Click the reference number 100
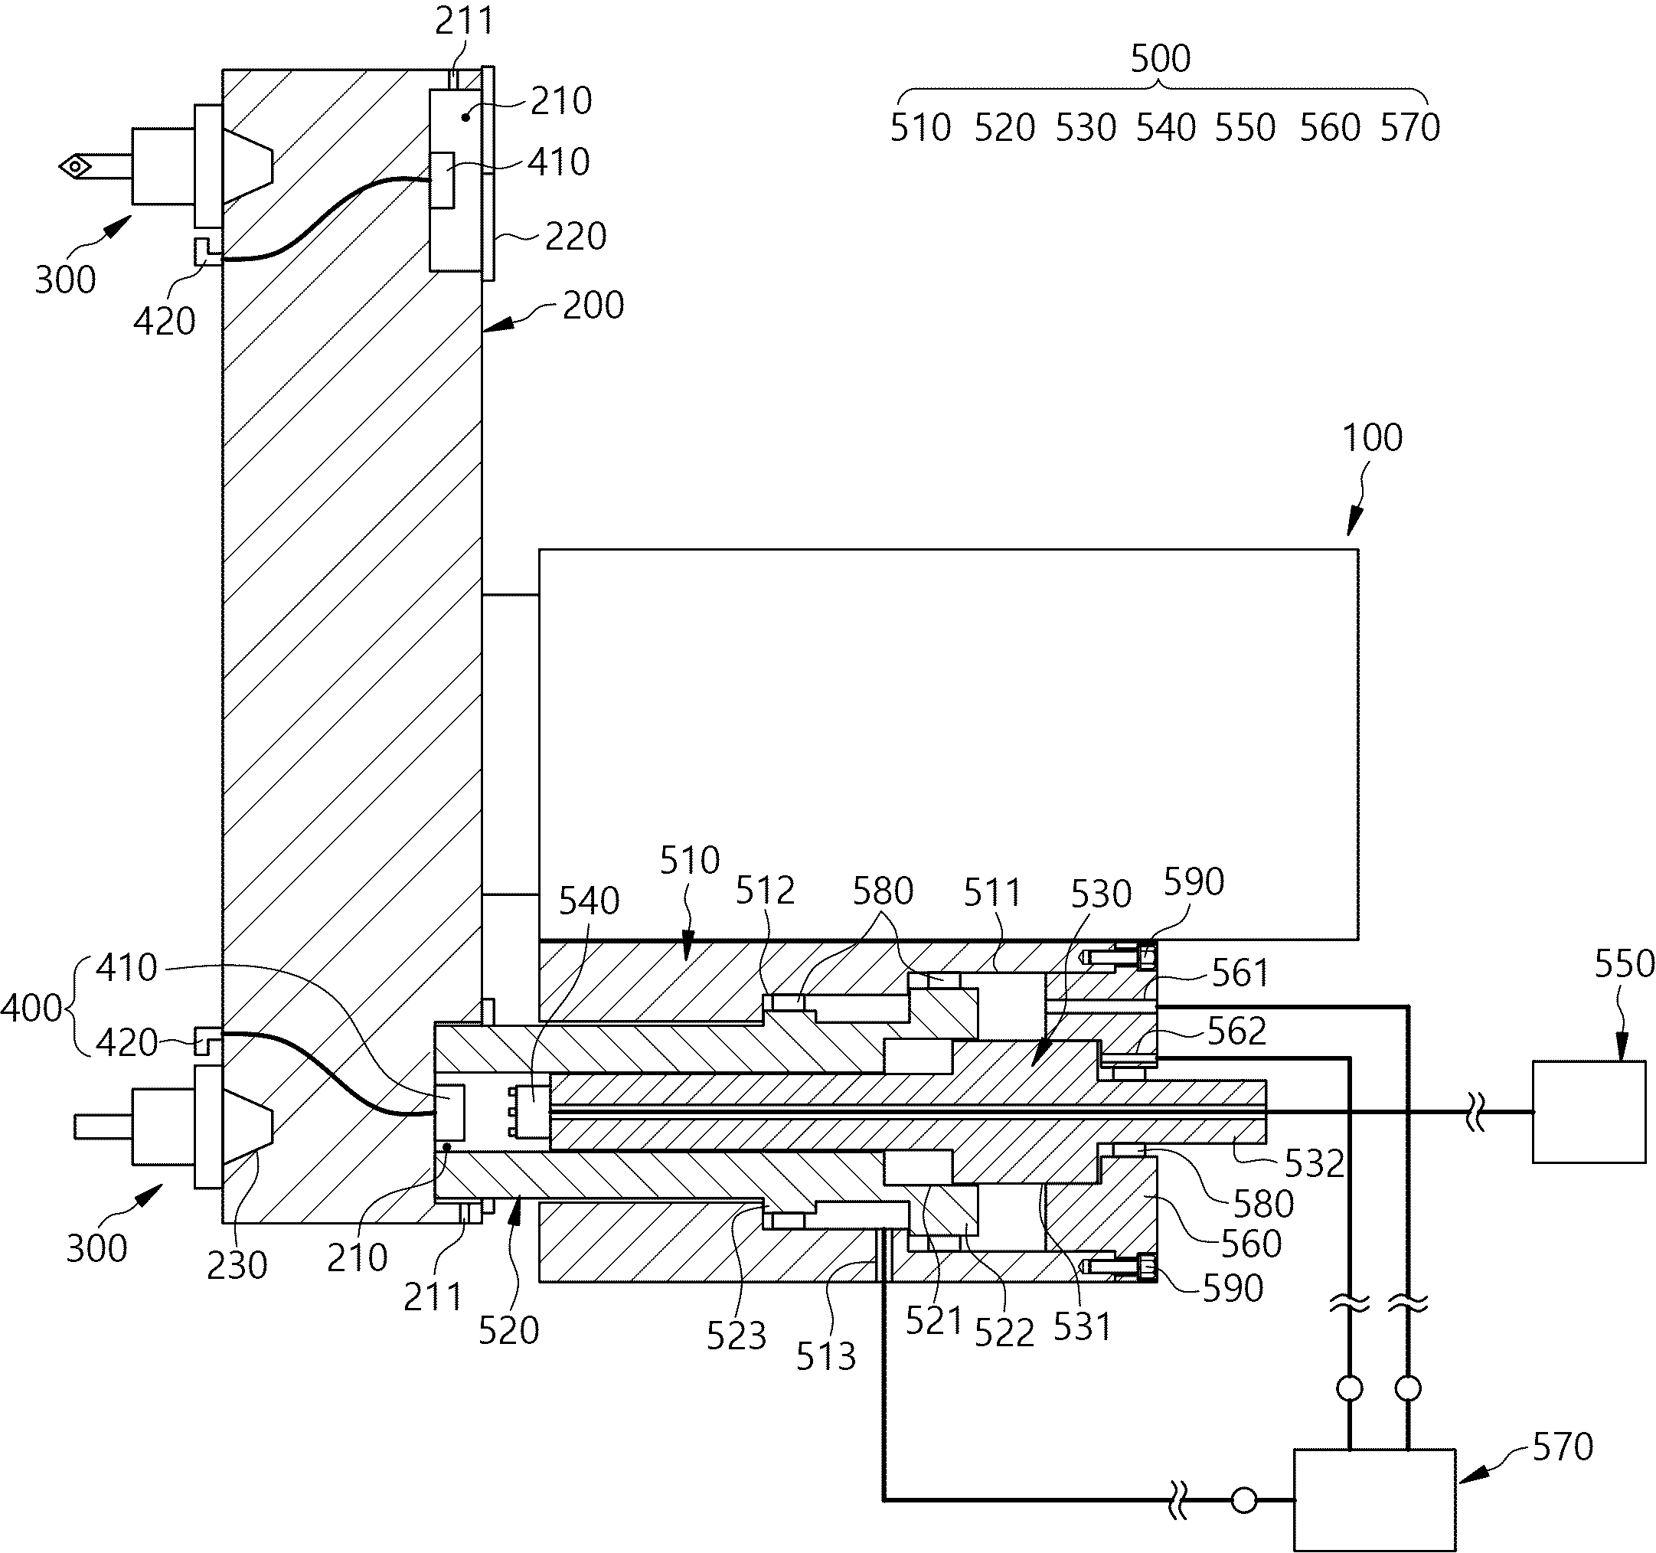click(x=1372, y=437)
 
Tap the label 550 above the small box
click(x=1625, y=964)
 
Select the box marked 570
click(x=1374, y=1499)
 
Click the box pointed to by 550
click(x=1589, y=1111)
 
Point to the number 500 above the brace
click(x=1161, y=59)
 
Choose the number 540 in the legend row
click(x=1166, y=127)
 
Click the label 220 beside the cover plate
click(x=576, y=237)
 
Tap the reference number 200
click(x=593, y=306)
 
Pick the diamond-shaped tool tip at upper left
click(x=76, y=167)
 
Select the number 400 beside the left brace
click(x=31, y=1008)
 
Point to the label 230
click(x=237, y=1266)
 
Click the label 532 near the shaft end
click(x=1315, y=1164)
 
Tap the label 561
click(x=1240, y=973)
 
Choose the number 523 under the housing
click(x=737, y=1336)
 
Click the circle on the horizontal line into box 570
click(x=1243, y=1500)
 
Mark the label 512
click(x=765, y=891)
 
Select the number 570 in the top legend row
click(x=1410, y=127)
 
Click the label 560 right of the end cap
click(x=1251, y=1244)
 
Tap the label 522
click(x=1004, y=1334)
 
